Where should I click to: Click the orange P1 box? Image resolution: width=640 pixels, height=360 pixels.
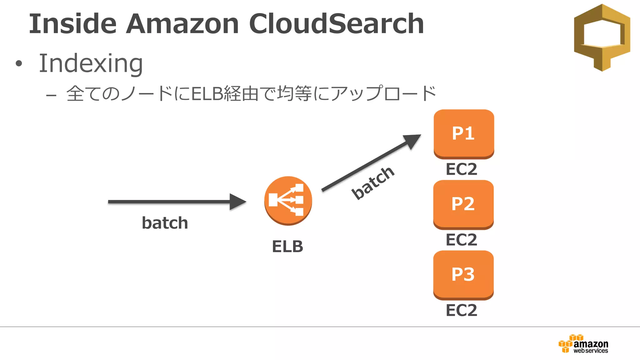tap(464, 133)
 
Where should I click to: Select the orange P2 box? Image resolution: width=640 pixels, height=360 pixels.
tap(463, 204)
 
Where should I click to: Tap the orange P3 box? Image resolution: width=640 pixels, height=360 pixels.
tap(463, 275)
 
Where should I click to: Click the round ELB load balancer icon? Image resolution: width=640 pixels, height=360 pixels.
tap(288, 200)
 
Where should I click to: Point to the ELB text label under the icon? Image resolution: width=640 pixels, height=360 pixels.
tap(287, 246)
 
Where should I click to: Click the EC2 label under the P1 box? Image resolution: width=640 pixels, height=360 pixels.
tap(461, 169)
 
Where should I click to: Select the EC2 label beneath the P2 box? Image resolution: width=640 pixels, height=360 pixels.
tap(461, 240)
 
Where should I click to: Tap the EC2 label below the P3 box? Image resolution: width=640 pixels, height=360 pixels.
tap(461, 310)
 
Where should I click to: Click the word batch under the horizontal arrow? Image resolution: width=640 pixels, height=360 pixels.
tap(165, 223)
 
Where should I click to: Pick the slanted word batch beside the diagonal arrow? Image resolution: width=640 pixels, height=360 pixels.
tap(373, 182)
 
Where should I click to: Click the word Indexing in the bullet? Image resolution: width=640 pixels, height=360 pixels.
tap(91, 63)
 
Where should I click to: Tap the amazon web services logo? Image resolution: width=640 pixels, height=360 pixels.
tap(583, 344)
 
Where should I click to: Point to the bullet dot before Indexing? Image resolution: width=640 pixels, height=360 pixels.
tap(19, 64)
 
